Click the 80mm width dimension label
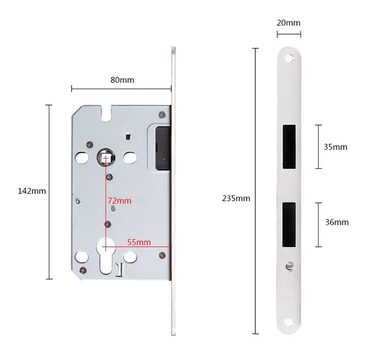coord(122,80)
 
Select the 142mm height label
coord(32,191)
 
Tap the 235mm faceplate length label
coord(236,198)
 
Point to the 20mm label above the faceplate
coord(288,23)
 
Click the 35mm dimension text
coord(335,147)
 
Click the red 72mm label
coord(119,200)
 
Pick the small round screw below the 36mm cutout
coord(289,267)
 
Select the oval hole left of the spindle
coord(82,157)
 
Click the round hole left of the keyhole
coord(82,256)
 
